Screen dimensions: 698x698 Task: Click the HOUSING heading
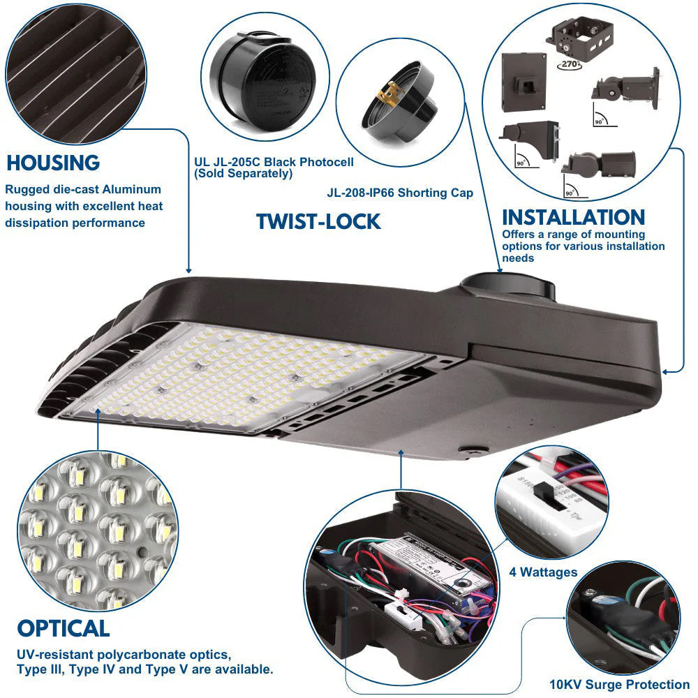pos(53,163)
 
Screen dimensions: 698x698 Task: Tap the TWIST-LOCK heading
pos(318,222)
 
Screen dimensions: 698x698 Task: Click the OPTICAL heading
pos(64,628)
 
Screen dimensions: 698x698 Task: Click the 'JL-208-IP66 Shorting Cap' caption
pos(400,193)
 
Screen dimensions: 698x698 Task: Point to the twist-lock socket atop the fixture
pos(507,287)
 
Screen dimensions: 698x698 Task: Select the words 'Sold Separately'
pos(244,174)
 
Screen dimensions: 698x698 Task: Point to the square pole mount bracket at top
pos(582,38)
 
